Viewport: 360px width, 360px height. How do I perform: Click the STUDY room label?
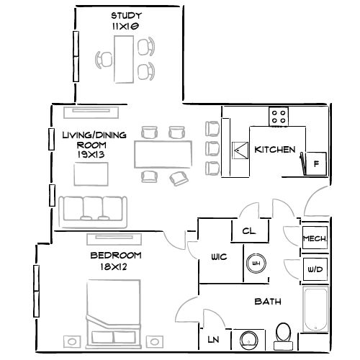(x=125, y=16)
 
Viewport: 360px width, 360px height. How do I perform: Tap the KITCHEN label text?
(x=275, y=150)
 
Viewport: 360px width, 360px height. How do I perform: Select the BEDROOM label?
(x=115, y=256)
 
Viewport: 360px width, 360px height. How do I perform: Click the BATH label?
(x=267, y=302)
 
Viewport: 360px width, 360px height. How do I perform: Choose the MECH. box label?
(x=315, y=238)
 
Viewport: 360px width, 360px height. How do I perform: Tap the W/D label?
(x=315, y=269)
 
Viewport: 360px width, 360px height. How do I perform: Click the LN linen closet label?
(x=214, y=339)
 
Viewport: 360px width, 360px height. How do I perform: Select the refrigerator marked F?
(x=315, y=163)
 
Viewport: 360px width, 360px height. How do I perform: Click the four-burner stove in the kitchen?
(x=279, y=114)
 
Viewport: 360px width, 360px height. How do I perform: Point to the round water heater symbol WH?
(x=254, y=264)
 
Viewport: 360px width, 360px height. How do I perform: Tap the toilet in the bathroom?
(x=284, y=335)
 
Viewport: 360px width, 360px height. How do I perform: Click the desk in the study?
(x=123, y=58)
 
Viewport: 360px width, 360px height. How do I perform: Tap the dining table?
(x=163, y=154)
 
